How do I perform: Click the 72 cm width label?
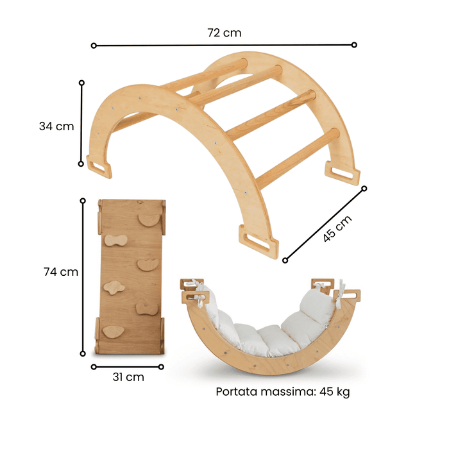coord(224,33)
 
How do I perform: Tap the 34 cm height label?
coord(56,126)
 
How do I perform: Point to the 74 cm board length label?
coord(61,272)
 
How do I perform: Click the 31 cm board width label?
coord(128,377)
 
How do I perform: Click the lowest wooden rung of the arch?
coord(298,157)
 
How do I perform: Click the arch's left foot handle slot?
coord(99,167)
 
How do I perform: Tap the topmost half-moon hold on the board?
coord(149,220)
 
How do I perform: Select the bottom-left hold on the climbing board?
coord(114,331)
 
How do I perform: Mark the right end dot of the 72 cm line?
coord(354,45)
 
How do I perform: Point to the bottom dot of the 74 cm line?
coord(82,353)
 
